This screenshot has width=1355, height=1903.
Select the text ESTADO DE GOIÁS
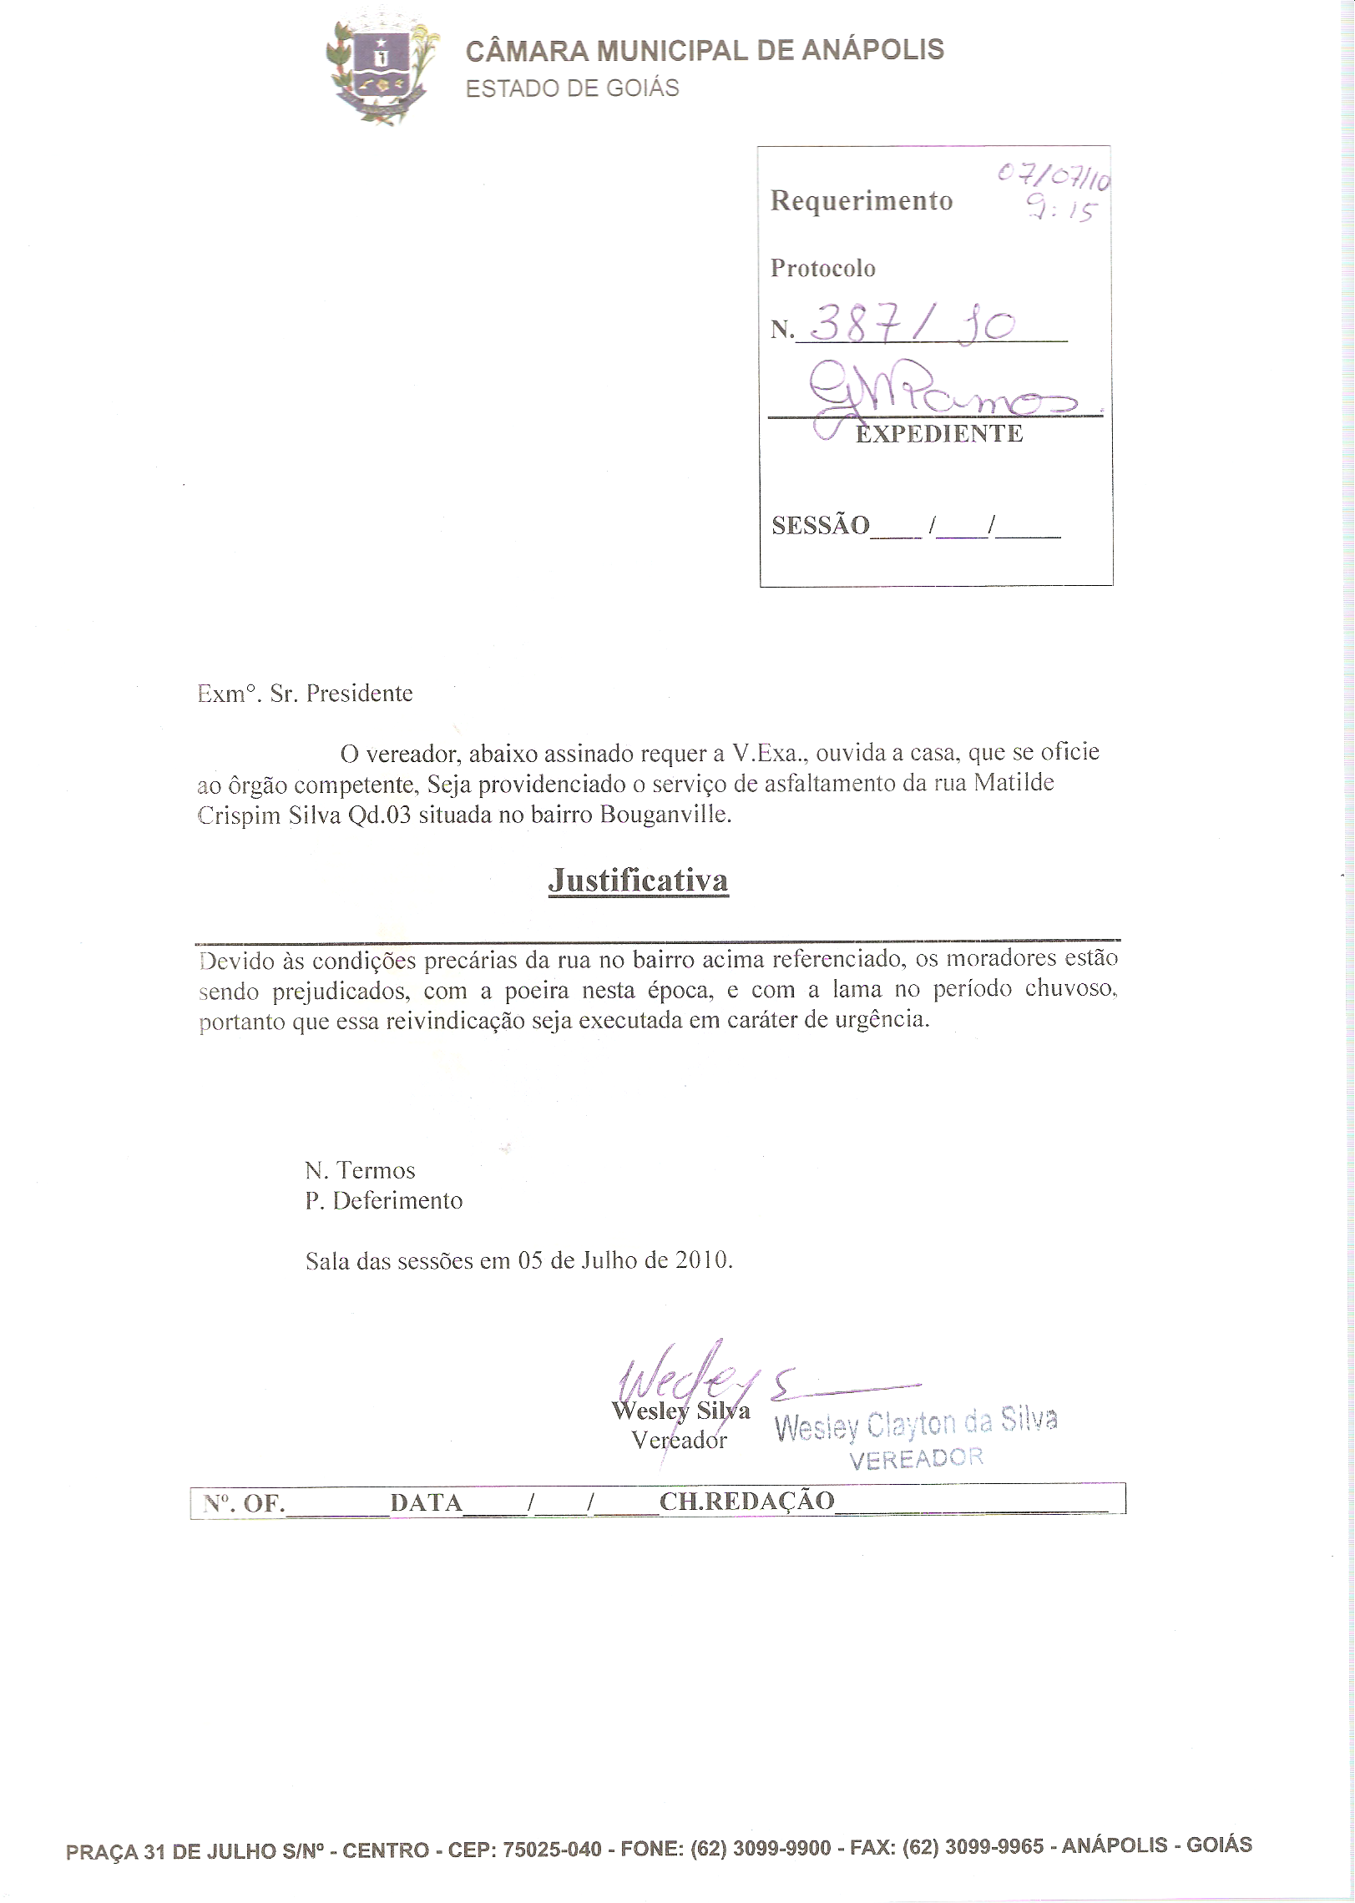(x=572, y=88)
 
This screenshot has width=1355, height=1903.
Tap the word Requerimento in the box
(x=861, y=201)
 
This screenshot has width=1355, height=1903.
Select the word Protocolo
(x=822, y=269)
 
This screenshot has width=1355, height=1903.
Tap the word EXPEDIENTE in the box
(x=939, y=434)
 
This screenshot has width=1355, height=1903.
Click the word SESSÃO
(x=820, y=526)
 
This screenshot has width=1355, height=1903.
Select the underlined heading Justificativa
(x=638, y=881)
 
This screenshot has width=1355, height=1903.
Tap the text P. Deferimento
(x=384, y=1201)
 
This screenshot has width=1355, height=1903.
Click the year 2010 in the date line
(x=703, y=1260)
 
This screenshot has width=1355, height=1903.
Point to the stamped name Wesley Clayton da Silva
(x=916, y=1423)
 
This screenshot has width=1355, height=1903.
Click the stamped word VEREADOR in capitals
(x=916, y=1458)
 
